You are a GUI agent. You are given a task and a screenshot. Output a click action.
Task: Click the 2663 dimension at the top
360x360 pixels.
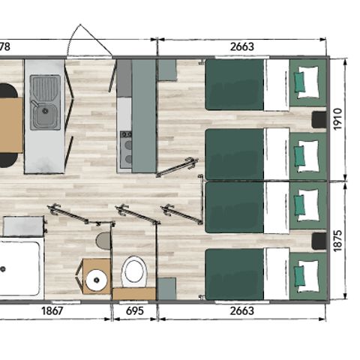click(x=241, y=46)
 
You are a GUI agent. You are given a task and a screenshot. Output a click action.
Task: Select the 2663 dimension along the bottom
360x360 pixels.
click(x=241, y=310)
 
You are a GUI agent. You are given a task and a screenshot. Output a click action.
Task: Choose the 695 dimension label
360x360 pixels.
click(x=134, y=310)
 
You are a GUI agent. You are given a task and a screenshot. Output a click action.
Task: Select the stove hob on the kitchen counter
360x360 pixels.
click(x=125, y=147)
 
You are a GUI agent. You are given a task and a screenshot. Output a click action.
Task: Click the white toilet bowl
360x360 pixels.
click(x=134, y=270)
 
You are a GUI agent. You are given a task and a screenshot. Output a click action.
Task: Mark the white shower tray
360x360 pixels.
click(x=19, y=268)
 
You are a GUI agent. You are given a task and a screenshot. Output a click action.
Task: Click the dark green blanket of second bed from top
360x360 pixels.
click(x=234, y=154)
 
